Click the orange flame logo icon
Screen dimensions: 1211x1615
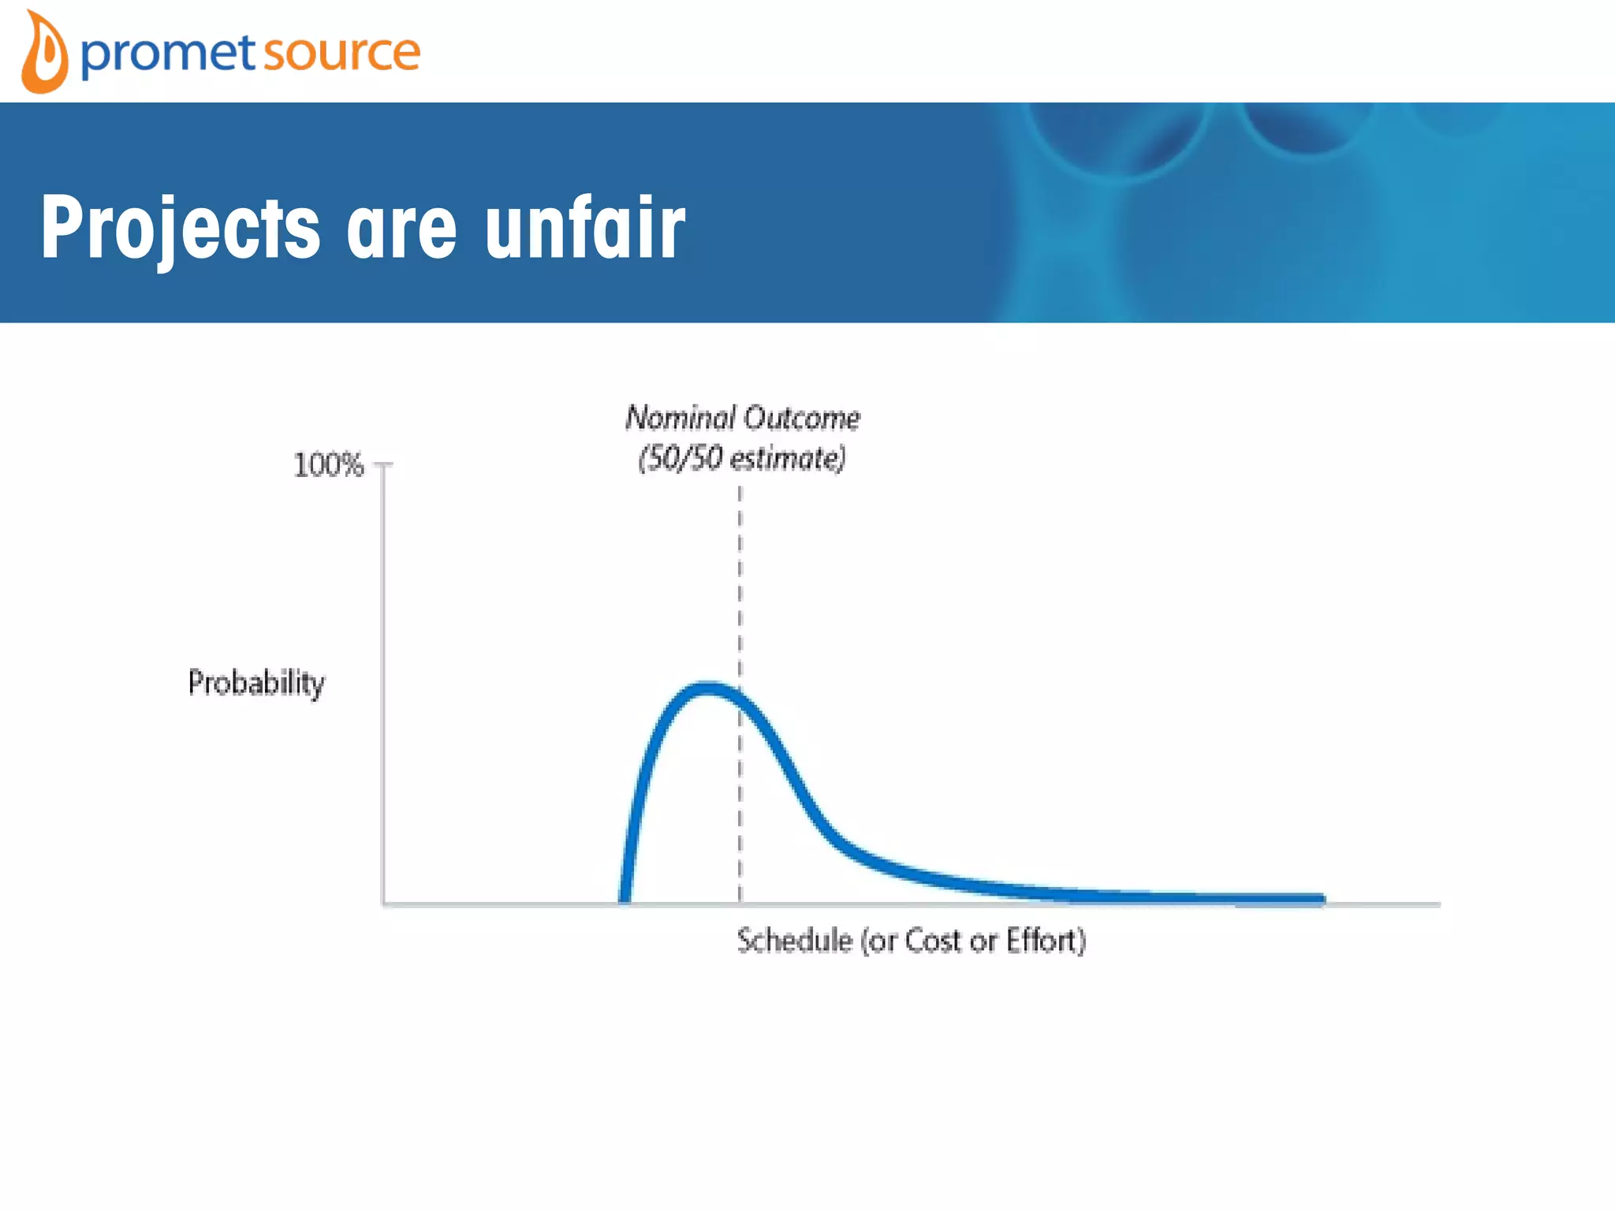coord(44,54)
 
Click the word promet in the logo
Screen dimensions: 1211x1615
coord(168,54)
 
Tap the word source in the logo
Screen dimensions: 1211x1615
coord(341,54)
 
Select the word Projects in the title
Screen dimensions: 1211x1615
coord(181,229)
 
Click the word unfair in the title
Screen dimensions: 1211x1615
coord(584,229)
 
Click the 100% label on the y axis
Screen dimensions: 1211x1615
coord(328,465)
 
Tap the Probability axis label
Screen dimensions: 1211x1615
coord(256,682)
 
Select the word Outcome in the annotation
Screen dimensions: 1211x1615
coord(802,418)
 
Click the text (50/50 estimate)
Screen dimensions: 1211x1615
coord(741,458)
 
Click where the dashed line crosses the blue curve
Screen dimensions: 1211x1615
coord(740,699)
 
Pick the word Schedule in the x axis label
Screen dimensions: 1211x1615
coord(795,941)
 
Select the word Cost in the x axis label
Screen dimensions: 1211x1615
coord(932,941)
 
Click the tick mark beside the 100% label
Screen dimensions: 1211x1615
coord(384,465)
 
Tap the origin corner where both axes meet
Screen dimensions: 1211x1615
coord(384,904)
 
